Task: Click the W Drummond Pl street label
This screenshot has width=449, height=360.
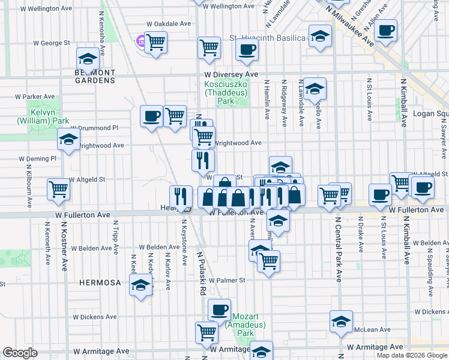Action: (x=94, y=128)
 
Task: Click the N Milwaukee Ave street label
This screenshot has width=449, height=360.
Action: (x=352, y=22)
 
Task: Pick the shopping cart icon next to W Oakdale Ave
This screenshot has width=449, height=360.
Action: (x=156, y=42)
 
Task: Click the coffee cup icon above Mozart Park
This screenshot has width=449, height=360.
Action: (x=219, y=309)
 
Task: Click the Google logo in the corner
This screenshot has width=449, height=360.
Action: (x=20, y=353)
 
